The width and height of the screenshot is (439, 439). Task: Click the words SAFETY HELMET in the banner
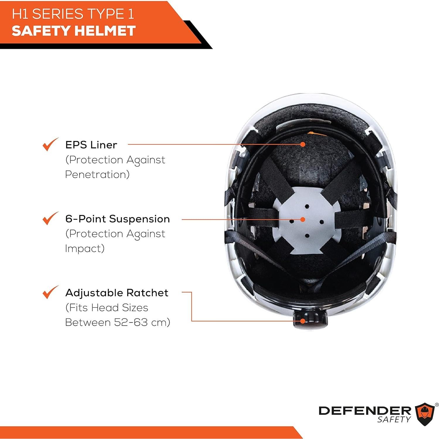(73, 31)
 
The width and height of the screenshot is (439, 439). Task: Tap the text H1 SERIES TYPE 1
(73, 14)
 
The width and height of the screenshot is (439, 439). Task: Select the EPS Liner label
(91, 145)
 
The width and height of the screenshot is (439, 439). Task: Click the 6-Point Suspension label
(117, 219)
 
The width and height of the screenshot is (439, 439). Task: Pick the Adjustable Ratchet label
(117, 293)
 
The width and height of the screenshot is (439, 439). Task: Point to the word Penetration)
(97, 175)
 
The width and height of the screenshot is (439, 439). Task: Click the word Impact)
(85, 249)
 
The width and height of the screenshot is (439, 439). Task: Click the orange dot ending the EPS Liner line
(303, 144)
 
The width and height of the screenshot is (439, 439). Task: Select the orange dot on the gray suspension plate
(303, 219)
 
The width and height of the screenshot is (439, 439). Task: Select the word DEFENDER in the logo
(365, 411)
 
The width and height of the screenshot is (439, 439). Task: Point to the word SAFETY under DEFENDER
(394, 419)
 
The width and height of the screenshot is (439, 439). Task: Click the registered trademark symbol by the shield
(437, 405)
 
